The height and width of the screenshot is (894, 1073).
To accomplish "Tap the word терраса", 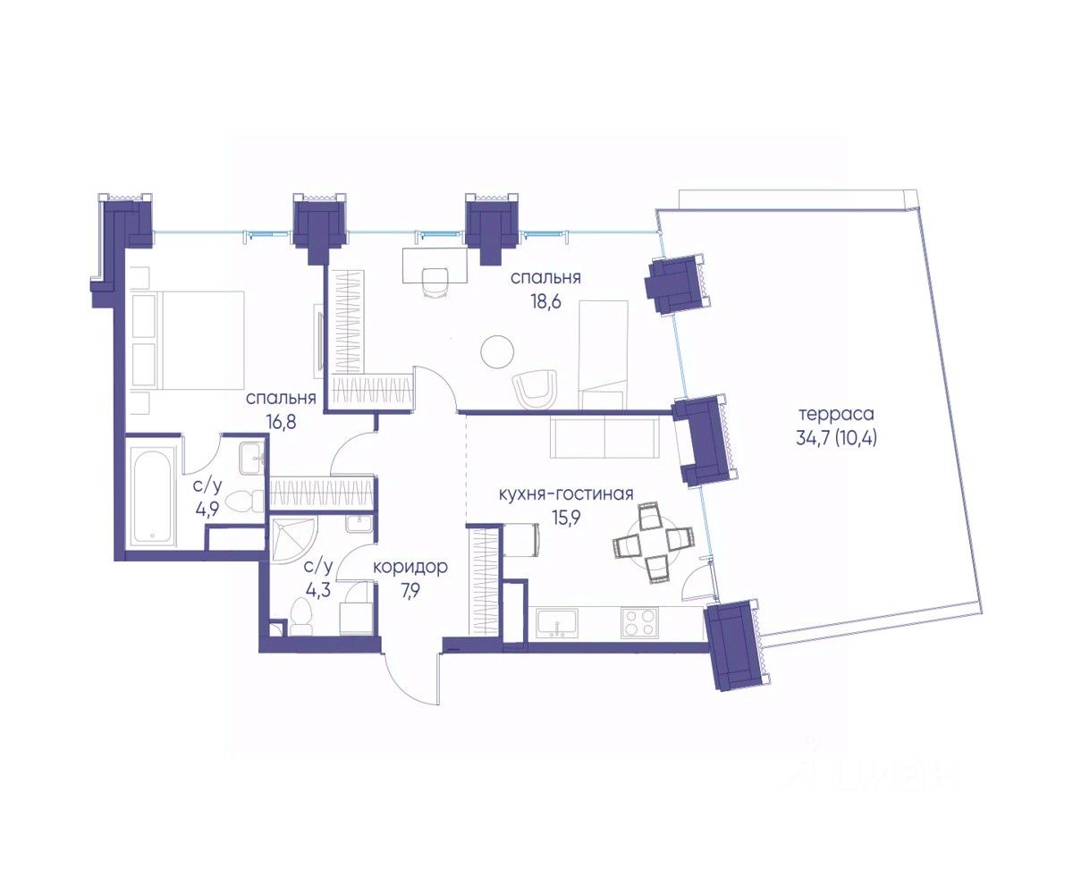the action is point(836,414).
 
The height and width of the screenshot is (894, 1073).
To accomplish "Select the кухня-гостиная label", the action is point(566,494).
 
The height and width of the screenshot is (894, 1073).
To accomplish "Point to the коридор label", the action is point(410,568).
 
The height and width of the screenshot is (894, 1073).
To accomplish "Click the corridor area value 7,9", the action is point(410,591).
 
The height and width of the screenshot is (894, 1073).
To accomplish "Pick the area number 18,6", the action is point(545,300).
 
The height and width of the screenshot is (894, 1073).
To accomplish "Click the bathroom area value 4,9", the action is point(207,508).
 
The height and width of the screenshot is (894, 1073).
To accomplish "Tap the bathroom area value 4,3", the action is point(317,590).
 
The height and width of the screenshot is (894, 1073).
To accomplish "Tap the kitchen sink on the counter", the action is point(557,623).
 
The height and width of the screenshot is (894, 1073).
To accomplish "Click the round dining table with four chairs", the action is point(654,543).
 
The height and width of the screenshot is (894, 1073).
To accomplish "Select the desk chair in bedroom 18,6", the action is point(435,283).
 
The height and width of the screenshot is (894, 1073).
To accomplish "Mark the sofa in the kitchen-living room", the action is point(604,436).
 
